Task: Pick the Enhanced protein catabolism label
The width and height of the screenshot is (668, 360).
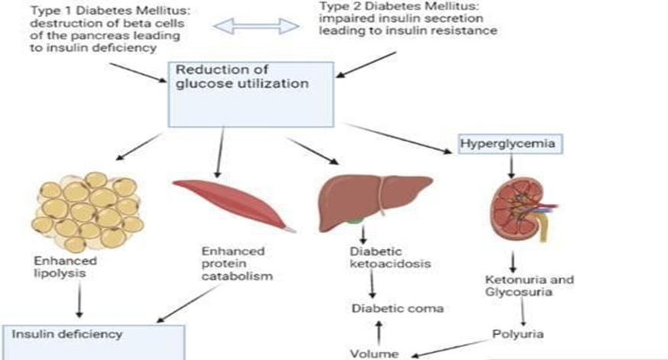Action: coord(233,264)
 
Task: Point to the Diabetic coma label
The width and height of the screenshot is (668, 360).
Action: coord(386,308)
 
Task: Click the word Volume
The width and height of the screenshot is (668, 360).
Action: coord(375,353)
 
